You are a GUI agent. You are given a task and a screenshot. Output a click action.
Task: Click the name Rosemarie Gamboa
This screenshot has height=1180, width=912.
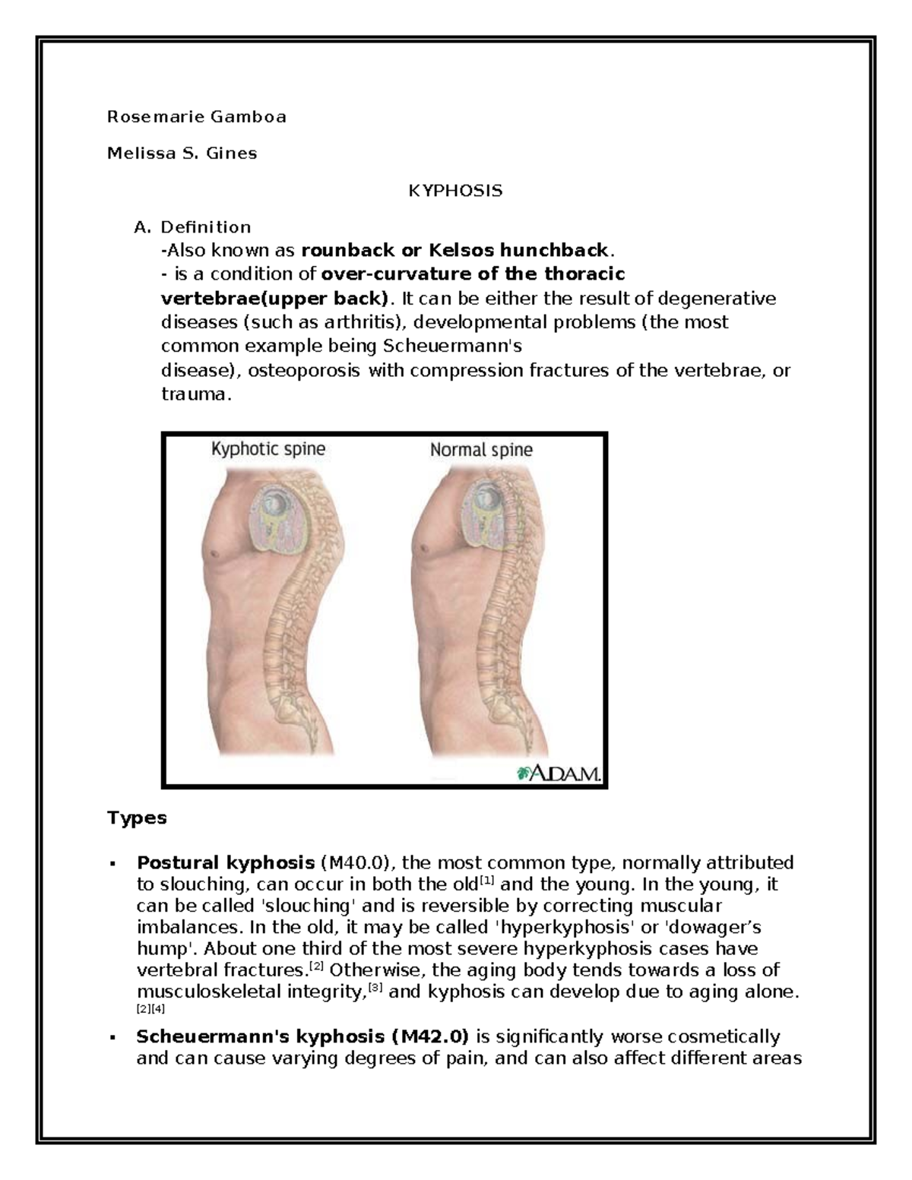(197, 117)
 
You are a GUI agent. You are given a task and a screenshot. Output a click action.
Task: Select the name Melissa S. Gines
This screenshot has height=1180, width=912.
(182, 153)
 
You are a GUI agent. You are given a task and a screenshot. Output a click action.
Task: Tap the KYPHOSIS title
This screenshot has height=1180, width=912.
(455, 191)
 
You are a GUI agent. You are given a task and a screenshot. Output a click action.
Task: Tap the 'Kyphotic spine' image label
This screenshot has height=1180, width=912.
(268, 449)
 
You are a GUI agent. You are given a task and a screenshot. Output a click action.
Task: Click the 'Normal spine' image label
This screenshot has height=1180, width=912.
(481, 450)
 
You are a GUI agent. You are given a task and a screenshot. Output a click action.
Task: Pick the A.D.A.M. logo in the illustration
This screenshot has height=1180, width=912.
(559, 773)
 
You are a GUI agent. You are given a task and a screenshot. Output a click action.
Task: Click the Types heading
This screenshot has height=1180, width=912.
(137, 818)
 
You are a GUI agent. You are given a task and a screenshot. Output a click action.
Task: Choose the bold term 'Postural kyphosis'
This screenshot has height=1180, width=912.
(225, 862)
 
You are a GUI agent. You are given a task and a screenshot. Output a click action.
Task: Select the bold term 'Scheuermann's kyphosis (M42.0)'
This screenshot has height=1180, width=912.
(302, 1036)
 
